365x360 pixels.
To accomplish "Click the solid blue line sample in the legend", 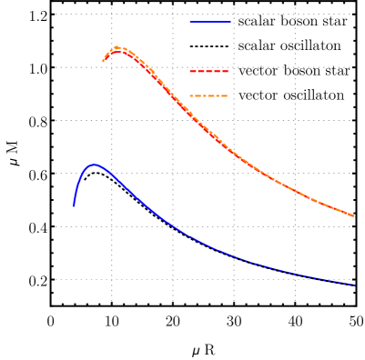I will (x=209, y=22).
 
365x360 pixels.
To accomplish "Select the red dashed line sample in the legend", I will (x=209, y=71).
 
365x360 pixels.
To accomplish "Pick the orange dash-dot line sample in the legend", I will (x=208, y=95).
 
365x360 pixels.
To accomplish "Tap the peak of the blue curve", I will (x=94, y=165).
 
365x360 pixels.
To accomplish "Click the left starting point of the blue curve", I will (x=74, y=205).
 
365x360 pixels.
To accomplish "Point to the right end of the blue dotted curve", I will (x=354, y=285).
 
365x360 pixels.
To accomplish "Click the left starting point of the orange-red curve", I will (x=103, y=62).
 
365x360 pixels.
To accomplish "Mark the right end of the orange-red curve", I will (x=354, y=216).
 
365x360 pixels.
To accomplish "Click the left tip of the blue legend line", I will (x=190, y=22).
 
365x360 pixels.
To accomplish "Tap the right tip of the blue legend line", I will (x=229, y=22).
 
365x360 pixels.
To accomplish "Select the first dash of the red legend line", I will (x=194, y=71).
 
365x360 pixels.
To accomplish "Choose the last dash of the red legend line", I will (x=224, y=71).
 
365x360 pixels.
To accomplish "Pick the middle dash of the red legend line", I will (x=209, y=71).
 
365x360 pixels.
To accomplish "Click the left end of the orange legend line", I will (x=190, y=95).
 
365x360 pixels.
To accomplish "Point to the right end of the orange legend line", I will (x=227, y=95).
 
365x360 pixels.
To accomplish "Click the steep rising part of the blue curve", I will (x=77, y=186).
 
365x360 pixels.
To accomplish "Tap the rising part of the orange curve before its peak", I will (x=108, y=54).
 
